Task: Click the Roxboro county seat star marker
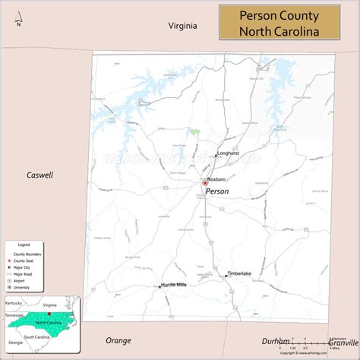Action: click(x=204, y=183)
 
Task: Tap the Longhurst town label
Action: click(x=228, y=153)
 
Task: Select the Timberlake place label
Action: click(x=239, y=273)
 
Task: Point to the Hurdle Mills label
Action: click(x=174, y=285)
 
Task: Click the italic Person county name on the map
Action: click(x=216, y=191)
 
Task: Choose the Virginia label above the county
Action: click(x=183, y=25)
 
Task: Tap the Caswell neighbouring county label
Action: click(x=39, y=175)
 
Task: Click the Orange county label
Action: click(x=118, y=340)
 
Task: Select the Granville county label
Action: click(x=343, y=342)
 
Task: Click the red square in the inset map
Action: click(x=48, y=313)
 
